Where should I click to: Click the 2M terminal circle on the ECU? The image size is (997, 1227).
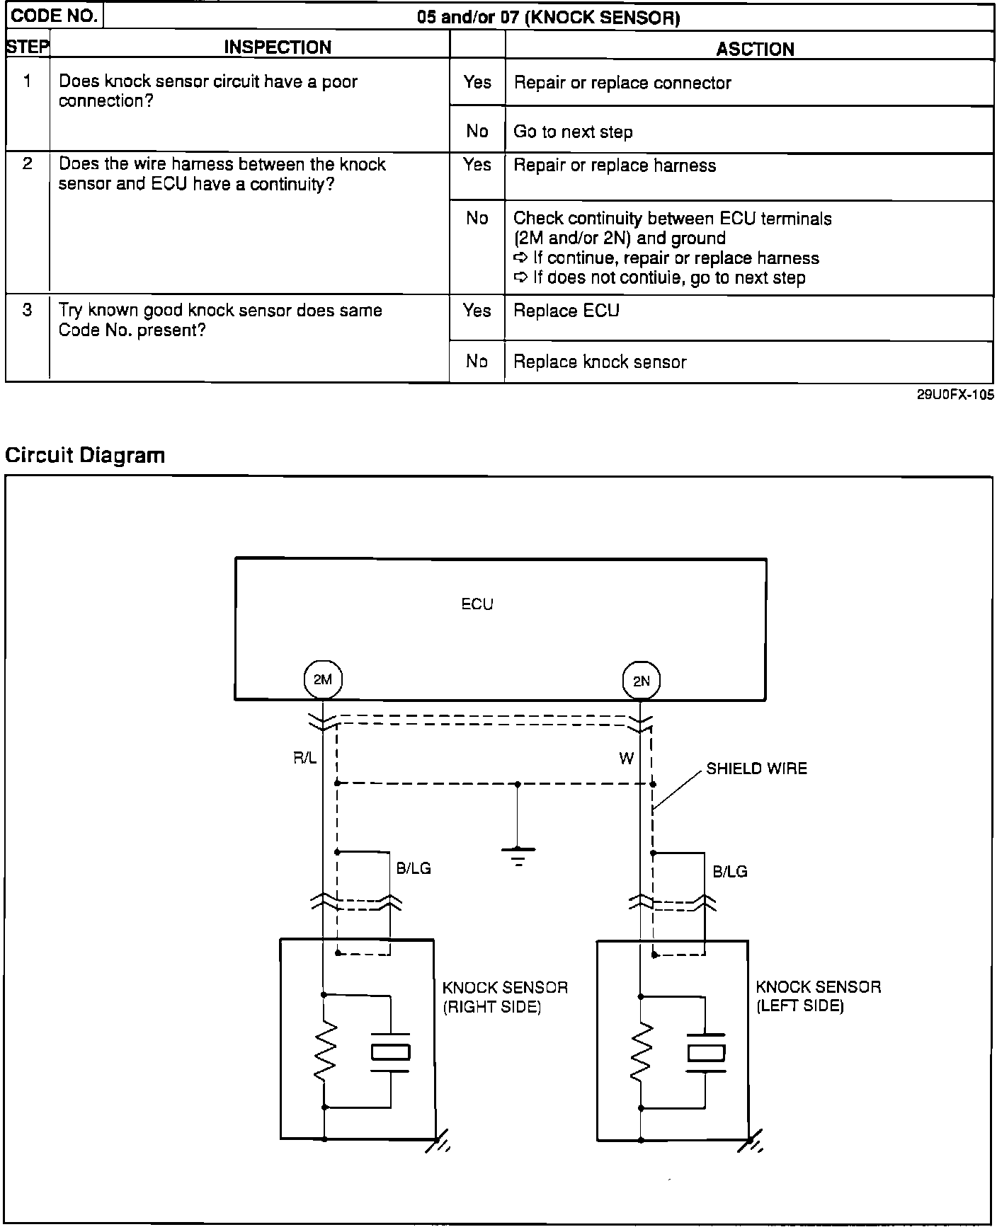point(322,680)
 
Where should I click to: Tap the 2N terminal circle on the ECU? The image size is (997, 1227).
point(641,681)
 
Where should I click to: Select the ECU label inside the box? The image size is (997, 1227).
point(477,604)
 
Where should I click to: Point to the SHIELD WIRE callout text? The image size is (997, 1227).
point(756,768)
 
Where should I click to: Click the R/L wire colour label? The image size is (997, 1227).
point(305,759)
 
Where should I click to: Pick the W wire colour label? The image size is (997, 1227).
point(626,759)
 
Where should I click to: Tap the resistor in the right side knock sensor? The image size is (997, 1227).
point(324,1050)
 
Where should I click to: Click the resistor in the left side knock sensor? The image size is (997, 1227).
point(641,1050)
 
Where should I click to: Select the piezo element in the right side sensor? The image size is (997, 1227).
point(390,1052)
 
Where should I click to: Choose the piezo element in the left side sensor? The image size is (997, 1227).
point(706,1052)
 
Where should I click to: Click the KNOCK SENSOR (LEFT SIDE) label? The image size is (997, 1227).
point(818,996)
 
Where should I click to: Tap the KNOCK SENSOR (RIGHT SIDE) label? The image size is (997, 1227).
point(504,996)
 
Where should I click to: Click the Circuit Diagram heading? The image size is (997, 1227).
point(85,455)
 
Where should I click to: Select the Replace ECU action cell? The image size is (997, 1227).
point(566,311)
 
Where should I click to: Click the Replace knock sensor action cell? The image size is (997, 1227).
point(600,362)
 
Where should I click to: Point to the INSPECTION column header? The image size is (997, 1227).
point(278,47)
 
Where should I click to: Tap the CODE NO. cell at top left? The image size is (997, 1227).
point(55,16)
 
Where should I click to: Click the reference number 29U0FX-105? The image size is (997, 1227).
point(955,395)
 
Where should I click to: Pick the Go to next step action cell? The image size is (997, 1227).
point(573,132)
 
